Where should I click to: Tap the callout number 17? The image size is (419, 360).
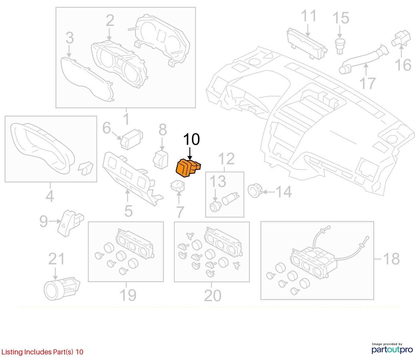[x=367, y=83]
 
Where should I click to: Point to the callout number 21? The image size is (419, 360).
[x=56, y=259]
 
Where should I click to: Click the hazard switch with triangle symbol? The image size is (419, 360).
[x=70, y=223]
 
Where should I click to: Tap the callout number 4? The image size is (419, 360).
[x=50, y=196]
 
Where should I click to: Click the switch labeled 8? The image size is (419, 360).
[x=161, y=159]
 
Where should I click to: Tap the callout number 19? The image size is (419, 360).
[x=128, y=295]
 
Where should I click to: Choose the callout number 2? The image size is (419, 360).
[x=110, y=21]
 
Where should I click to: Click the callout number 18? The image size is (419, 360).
[x=391, y=259]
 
